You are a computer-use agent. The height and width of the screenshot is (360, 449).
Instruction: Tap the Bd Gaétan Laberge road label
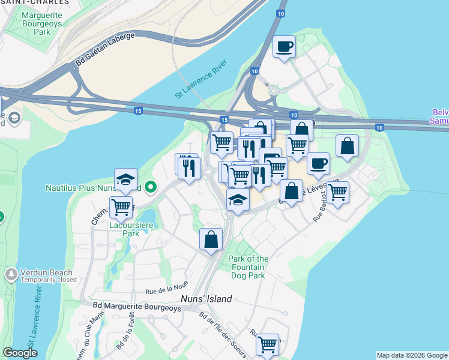pos(105,49)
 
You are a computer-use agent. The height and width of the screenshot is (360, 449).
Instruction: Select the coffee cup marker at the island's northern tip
pos(284,46)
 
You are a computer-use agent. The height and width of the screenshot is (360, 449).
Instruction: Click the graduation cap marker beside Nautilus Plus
pos(125,179)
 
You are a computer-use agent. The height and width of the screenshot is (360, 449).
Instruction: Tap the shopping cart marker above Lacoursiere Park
pos(121,207)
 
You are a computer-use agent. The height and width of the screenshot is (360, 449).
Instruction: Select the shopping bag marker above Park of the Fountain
pos(211,239)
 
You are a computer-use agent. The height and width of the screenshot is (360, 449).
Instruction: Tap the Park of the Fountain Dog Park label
pos(249,267)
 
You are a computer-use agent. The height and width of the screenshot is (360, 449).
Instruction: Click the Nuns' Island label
pos(206,299)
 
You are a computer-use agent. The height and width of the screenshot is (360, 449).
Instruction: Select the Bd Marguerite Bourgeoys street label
pos(137,308)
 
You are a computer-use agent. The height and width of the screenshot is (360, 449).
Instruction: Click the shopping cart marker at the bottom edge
pos(267,344)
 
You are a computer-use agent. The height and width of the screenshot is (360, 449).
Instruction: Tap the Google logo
pos(20,353)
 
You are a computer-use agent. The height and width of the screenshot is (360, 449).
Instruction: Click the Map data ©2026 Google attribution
pos(412,355)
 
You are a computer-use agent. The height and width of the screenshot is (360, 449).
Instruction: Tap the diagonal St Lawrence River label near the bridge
pos(205,82)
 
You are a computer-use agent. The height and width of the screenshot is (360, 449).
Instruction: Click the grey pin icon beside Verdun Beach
pos(11,275)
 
